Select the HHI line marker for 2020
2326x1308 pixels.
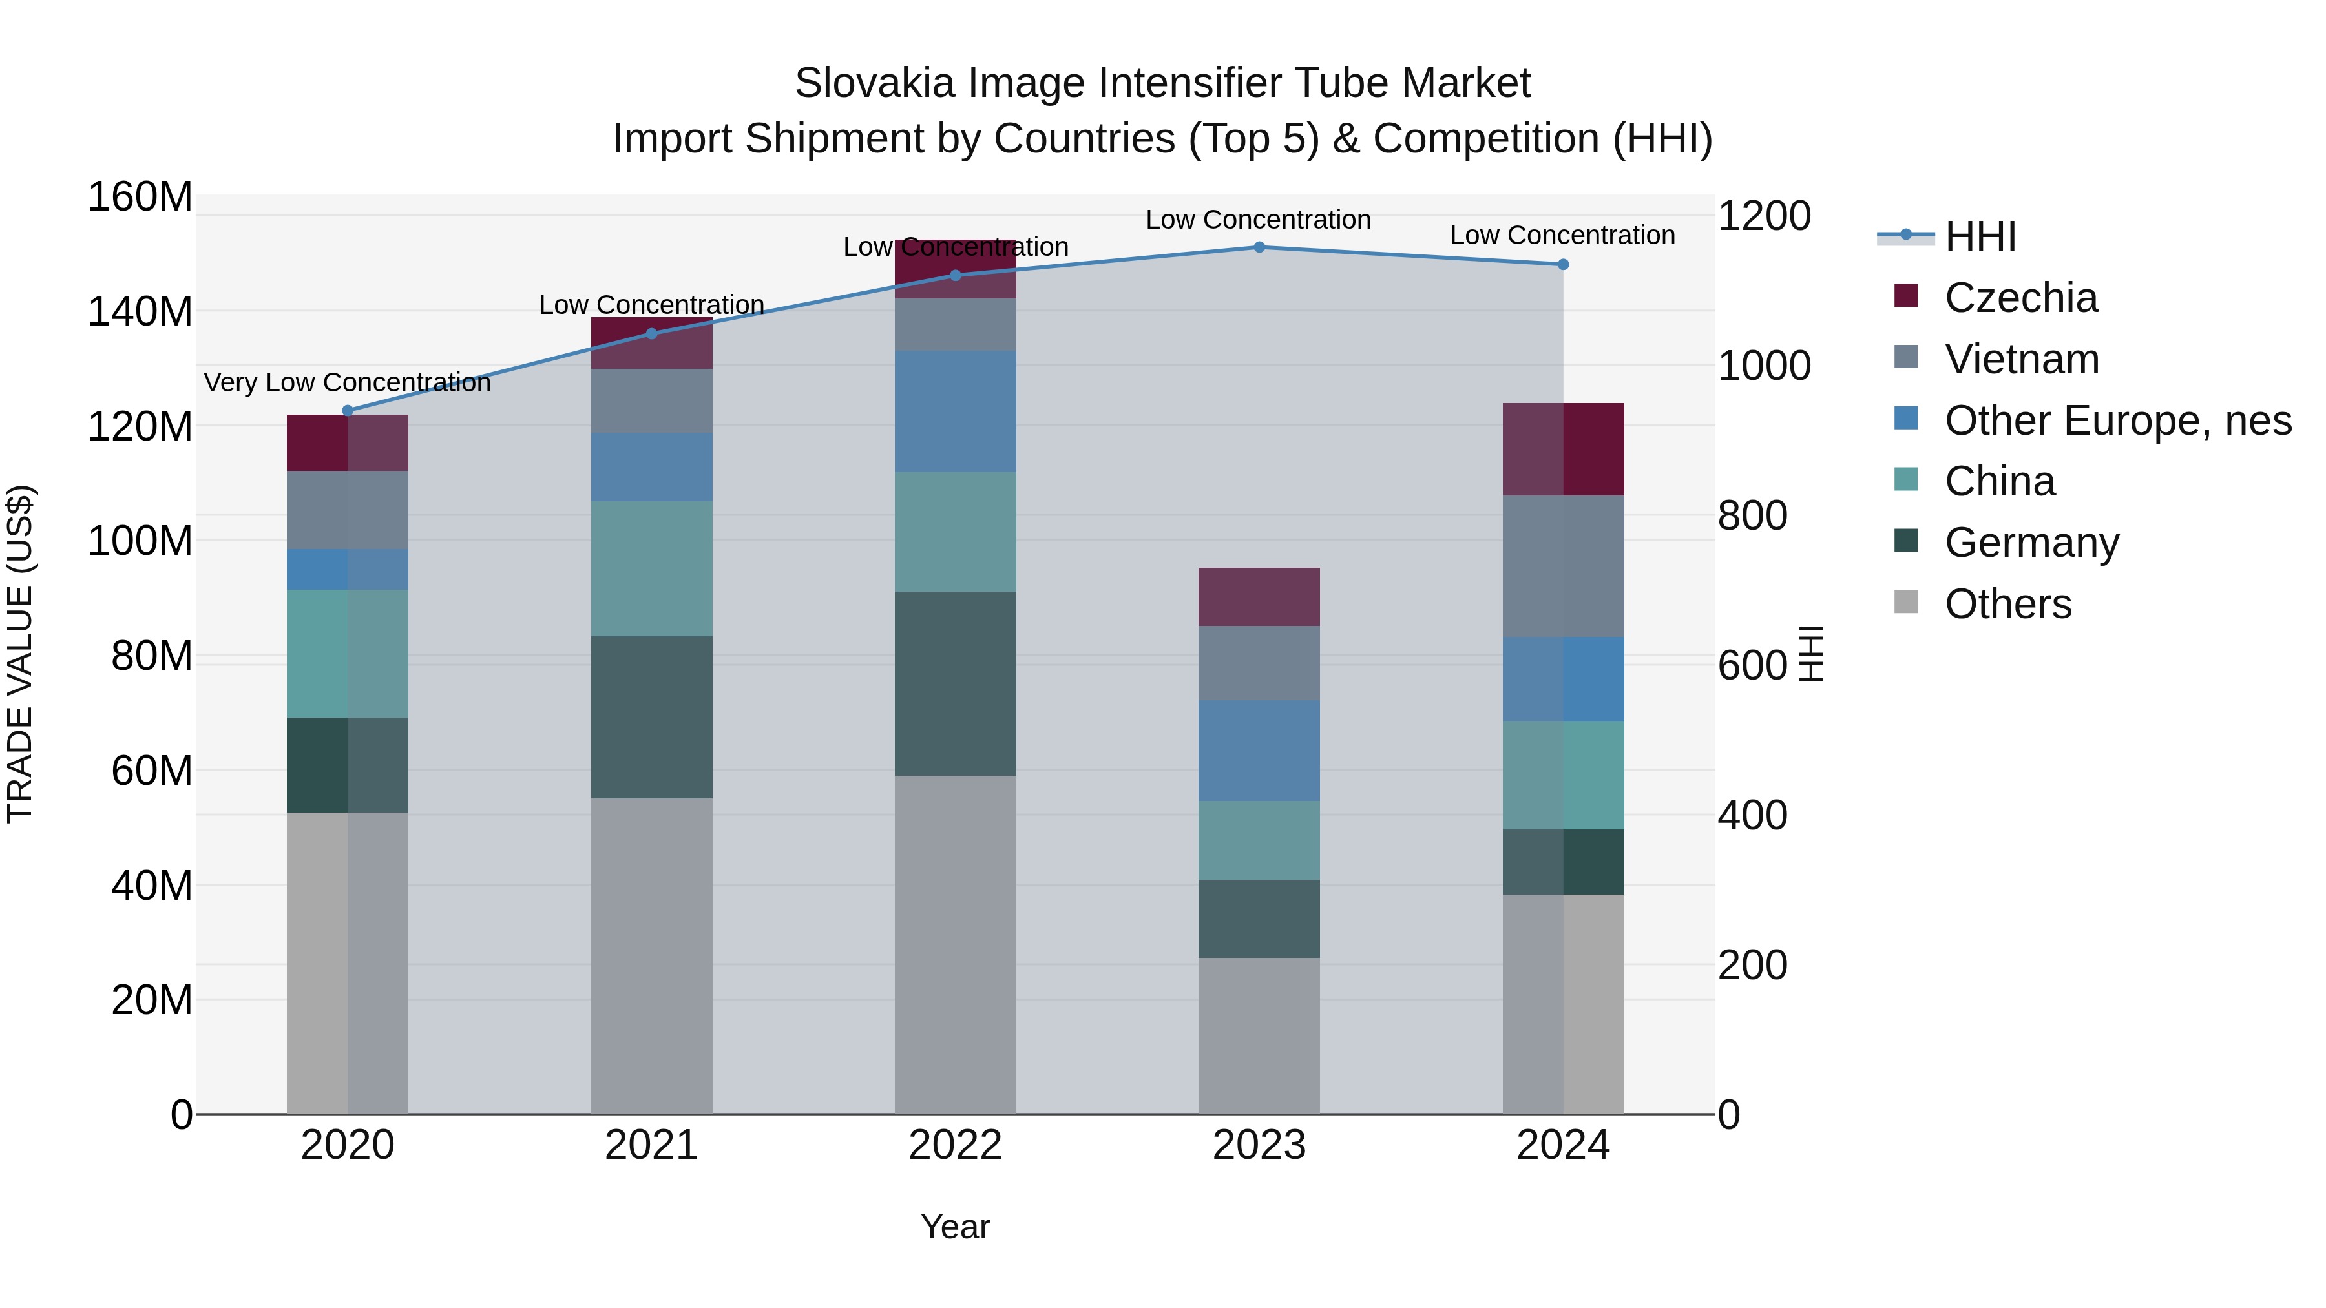348,411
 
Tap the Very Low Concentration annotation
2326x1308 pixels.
347,383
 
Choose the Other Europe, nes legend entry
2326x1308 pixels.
2117,420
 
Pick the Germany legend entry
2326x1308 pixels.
2031,543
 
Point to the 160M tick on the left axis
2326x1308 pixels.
140,197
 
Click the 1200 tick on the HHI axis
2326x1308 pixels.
1763,216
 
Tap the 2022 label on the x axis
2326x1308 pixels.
956,1145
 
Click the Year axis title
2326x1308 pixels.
956,1227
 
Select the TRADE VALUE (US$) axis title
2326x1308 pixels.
20,654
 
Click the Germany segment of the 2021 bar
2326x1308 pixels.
651,717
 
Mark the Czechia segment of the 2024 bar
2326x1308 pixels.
1563,449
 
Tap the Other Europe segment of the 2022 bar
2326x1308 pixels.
956,411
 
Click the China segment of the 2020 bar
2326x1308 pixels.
348,654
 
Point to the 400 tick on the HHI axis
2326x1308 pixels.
1752,815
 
